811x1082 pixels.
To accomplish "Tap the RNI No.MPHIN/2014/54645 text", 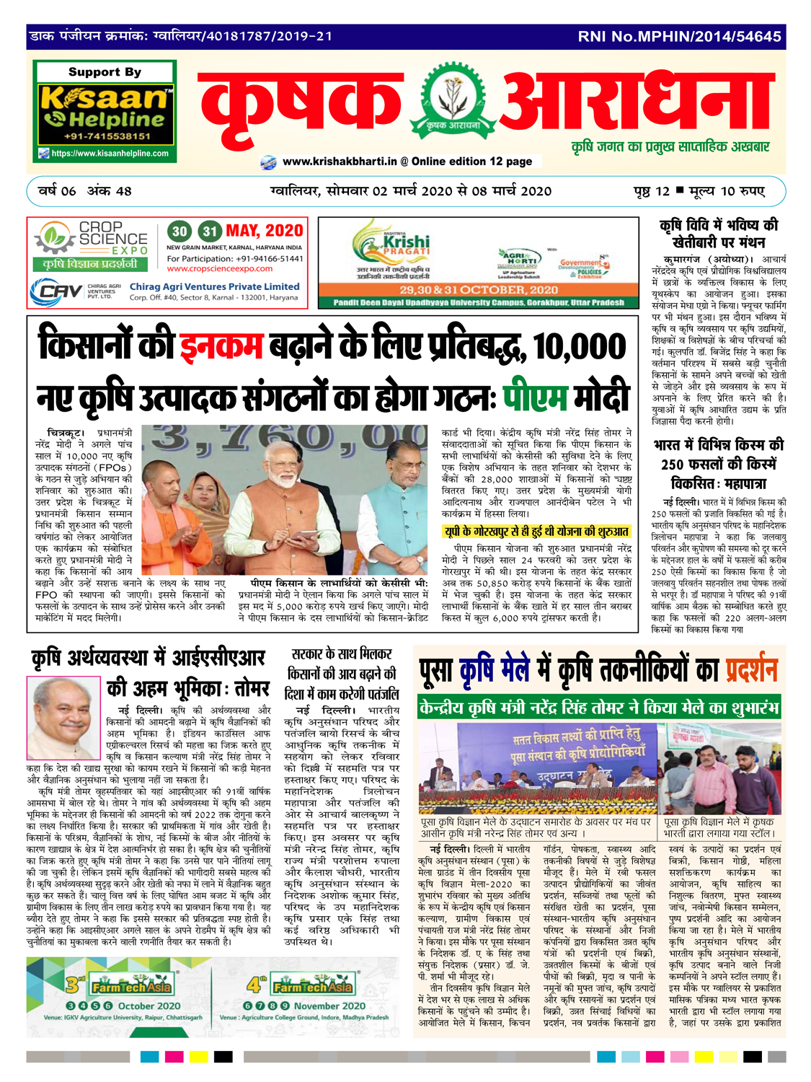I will [679, 36].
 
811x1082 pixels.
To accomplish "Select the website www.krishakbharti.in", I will [340, 162].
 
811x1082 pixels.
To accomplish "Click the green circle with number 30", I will [180, 232].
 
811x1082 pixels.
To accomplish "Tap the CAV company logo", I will [57, 292].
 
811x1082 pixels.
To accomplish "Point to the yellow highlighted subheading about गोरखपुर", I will [536, 532].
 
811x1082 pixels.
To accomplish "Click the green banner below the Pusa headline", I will [598, 708].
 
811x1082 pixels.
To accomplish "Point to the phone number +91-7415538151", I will [107, 136].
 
